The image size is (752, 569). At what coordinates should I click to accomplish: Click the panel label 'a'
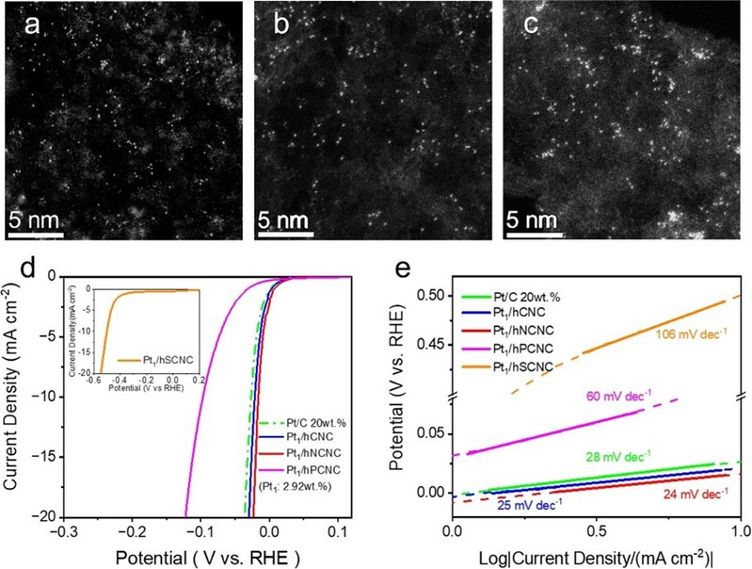coord(32,26)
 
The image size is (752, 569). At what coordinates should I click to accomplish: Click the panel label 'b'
coord(280,26)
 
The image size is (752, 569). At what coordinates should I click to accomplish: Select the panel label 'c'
coord(531,26)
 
